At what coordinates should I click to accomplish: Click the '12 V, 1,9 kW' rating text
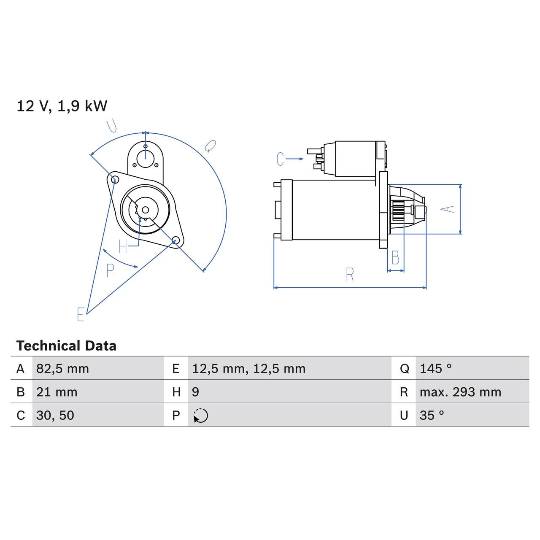click(x=62, y=106)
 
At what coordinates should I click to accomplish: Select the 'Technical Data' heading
click(x=66, y=346)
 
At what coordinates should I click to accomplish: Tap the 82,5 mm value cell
click(x=62, y=369)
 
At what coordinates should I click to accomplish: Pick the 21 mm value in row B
click(x=57, y=392)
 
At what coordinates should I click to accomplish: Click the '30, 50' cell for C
click(x=55, y=415)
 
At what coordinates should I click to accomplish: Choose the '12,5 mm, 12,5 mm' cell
click(x=248, y=369)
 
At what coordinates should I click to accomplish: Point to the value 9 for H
click(x=195, y=392)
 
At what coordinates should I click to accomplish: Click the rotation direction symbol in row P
click(x=201, y=416)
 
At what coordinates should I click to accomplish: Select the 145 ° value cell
click(x=435, y=369)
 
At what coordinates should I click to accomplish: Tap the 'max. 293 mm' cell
click(x=460, y=392)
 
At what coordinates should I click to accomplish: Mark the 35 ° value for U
click(x=432, y=415)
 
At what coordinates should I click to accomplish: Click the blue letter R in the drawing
click(x=350, y=275)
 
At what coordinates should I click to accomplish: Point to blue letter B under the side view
click(x=395, y=258)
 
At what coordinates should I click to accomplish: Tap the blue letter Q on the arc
click(x=210, y=146)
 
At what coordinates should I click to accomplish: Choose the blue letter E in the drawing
click(x=81, y=314)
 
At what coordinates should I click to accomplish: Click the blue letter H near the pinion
click(x=123, y=246)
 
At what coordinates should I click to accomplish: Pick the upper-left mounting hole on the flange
click(x=113, y=179)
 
